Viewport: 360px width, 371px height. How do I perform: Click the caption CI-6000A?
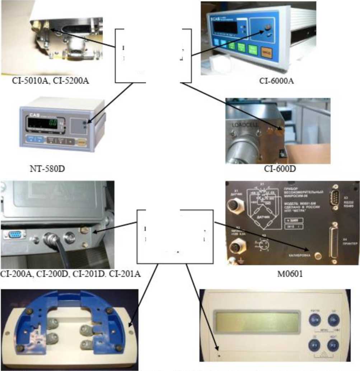click(276, 80)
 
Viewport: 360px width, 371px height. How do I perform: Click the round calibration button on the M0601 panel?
click(317, 256)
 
